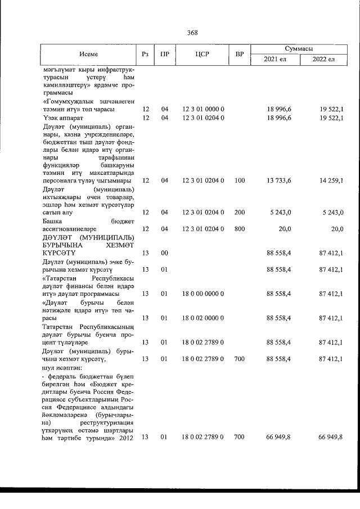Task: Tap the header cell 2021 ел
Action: click(x=275, y=59)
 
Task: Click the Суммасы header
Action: click(x=299, y=49)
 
